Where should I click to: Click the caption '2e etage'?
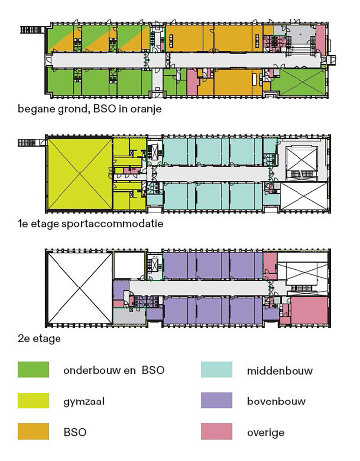[39, 338]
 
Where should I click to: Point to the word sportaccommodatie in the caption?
[112, 224]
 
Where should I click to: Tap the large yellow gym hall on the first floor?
[80, 174]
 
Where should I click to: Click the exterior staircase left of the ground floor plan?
[32, 30]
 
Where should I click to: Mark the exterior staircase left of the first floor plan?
[30, 143]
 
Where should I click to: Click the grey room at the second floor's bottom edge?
[129, 316]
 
